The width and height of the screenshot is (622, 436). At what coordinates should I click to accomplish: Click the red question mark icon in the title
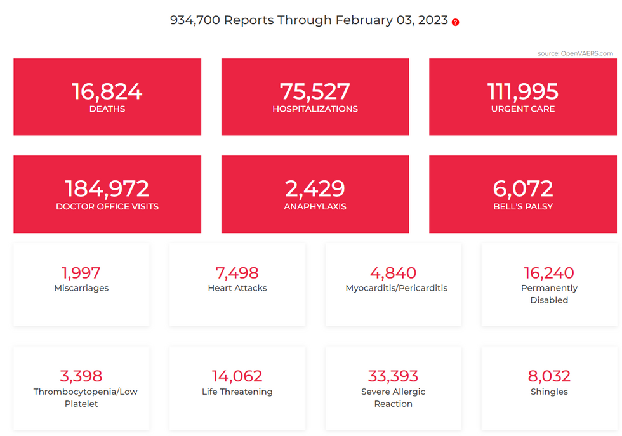(455, 22)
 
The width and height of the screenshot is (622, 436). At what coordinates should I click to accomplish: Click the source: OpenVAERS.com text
(575, 53)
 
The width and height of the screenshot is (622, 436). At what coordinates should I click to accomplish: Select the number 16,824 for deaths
(107, 91)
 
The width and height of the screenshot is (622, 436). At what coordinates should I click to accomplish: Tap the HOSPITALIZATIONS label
(315, 109)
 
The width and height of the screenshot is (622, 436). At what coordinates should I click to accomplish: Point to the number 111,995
(523, 91)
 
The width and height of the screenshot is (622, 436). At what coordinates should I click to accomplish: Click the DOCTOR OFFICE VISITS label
(107, 206)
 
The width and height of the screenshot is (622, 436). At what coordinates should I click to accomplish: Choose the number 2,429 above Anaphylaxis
(315, 188)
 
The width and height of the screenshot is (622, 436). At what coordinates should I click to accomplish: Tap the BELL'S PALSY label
(523, 206)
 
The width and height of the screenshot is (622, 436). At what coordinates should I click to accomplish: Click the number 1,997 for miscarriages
(81, 273)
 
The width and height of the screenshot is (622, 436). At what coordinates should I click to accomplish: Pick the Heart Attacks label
(237, 288)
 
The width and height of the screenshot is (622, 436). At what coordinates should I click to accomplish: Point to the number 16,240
(549, 273)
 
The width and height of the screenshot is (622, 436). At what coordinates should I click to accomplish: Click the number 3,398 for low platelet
(81, 376)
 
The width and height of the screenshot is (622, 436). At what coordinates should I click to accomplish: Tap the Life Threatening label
(237, 392)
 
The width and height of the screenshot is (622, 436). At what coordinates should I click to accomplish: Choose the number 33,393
(394, 376)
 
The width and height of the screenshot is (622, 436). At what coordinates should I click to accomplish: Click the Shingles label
(549, 392)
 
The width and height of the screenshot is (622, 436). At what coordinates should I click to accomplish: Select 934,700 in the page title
(195, 20)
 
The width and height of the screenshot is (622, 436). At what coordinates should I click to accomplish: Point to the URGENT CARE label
(523, 109)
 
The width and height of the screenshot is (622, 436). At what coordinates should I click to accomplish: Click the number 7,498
(237, 273)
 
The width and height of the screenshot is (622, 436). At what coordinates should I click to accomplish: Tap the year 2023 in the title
(433, 20)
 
